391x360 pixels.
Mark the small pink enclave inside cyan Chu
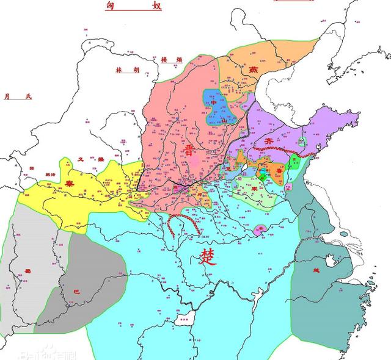click(x=259, y=229)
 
